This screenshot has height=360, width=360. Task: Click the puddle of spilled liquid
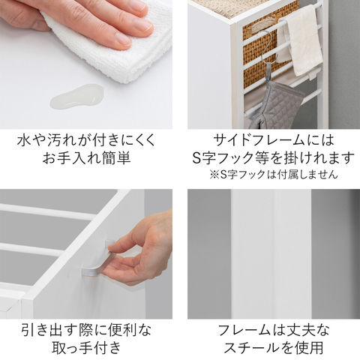click(76, 97)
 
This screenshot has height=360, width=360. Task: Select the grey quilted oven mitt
click(275, 105)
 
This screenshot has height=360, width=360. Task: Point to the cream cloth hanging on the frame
click(300, 41)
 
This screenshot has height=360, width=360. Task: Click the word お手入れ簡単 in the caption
click(86, 157)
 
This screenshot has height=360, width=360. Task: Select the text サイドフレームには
click(274, 140)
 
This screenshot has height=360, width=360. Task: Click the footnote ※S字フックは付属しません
click(274, 174)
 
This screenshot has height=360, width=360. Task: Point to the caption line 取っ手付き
click(86, 347)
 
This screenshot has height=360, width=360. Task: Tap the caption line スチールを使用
click(274, 347)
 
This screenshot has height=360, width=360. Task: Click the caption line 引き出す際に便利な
click(86, 330)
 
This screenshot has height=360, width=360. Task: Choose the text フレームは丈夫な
click(274, 330)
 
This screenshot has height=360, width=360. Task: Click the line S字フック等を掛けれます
click(274, 157)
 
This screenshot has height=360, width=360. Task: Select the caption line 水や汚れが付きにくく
click(86, 140)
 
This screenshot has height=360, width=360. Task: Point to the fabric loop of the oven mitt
click(268, 73)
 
